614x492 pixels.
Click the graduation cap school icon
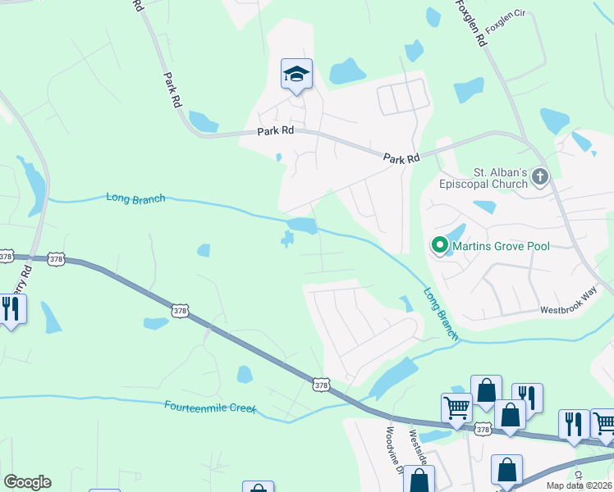296,75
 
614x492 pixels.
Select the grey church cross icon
540,176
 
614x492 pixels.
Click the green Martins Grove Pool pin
439,245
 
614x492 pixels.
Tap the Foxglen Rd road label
468,25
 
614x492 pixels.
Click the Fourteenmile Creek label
210,407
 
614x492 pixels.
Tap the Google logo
27,482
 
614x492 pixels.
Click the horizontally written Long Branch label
135,198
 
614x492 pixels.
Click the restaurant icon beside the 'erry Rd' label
11,309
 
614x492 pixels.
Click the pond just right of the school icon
347,71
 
